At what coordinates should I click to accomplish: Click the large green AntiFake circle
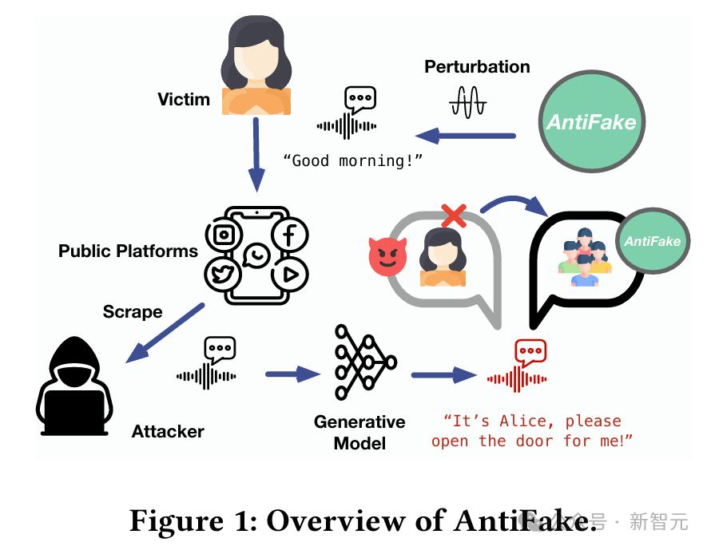pyautogui.click(x=591, y=121)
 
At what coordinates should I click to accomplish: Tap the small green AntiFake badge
pyautogui.click(x=653, y=241)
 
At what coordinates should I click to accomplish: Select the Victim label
pyautogui.click(x=184, y=100)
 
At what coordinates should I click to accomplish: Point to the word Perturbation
pyautogui.click(x=477, y=67)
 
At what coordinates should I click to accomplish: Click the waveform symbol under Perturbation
pyautogui.click(x=468, y=101)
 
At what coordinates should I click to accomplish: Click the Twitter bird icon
pyautogui.click(x=224, y=275)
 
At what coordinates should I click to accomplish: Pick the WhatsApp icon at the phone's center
pyautogui.click(x=256, y=255)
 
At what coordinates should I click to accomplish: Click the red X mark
pyautogui.click(x=454, y=215)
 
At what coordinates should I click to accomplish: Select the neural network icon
pyautogui.click(x=364, y=361)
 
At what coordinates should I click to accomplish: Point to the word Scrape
pyautogui.click(x=133, y=311)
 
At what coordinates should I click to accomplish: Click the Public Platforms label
pyautogui.click(x=128, y=251)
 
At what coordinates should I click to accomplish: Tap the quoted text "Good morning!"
pyautogui.click(x=352, y=160)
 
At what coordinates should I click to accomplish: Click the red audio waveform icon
pyautogui.click(x=520, y=367)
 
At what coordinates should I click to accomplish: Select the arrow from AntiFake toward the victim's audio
pyautogui.click(x=467, y=136)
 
